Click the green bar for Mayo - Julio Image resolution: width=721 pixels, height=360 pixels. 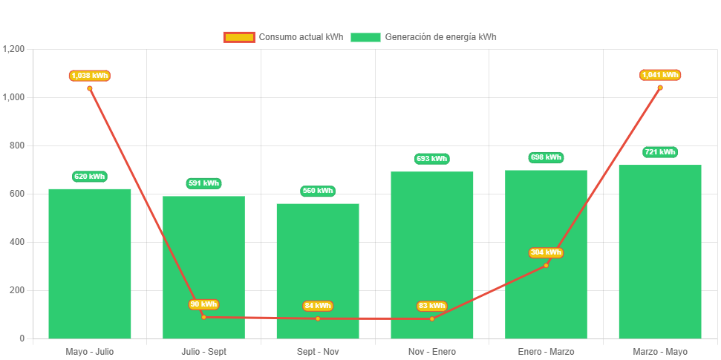90,264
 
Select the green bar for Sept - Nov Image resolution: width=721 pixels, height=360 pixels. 318,271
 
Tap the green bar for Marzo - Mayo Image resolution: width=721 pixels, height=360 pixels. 660,252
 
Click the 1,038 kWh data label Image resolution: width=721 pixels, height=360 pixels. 90,76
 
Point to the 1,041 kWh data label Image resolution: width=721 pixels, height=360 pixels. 660,75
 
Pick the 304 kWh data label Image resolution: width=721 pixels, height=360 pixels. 546,252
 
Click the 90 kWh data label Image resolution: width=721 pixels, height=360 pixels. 203,304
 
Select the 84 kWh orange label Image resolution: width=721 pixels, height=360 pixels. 318,306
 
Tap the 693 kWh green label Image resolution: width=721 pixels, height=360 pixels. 432,159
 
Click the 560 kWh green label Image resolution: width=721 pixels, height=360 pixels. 318,191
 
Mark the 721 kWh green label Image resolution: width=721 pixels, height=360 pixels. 660,152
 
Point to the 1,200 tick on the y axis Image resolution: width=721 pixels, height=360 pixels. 14,49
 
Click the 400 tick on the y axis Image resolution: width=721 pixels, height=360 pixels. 17,242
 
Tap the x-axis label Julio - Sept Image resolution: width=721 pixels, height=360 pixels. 203,351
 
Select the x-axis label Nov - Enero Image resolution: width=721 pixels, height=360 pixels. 432,351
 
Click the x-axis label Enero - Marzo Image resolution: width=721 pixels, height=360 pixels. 546,351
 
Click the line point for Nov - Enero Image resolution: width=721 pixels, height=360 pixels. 432,319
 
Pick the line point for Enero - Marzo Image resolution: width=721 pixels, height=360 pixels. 546,265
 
